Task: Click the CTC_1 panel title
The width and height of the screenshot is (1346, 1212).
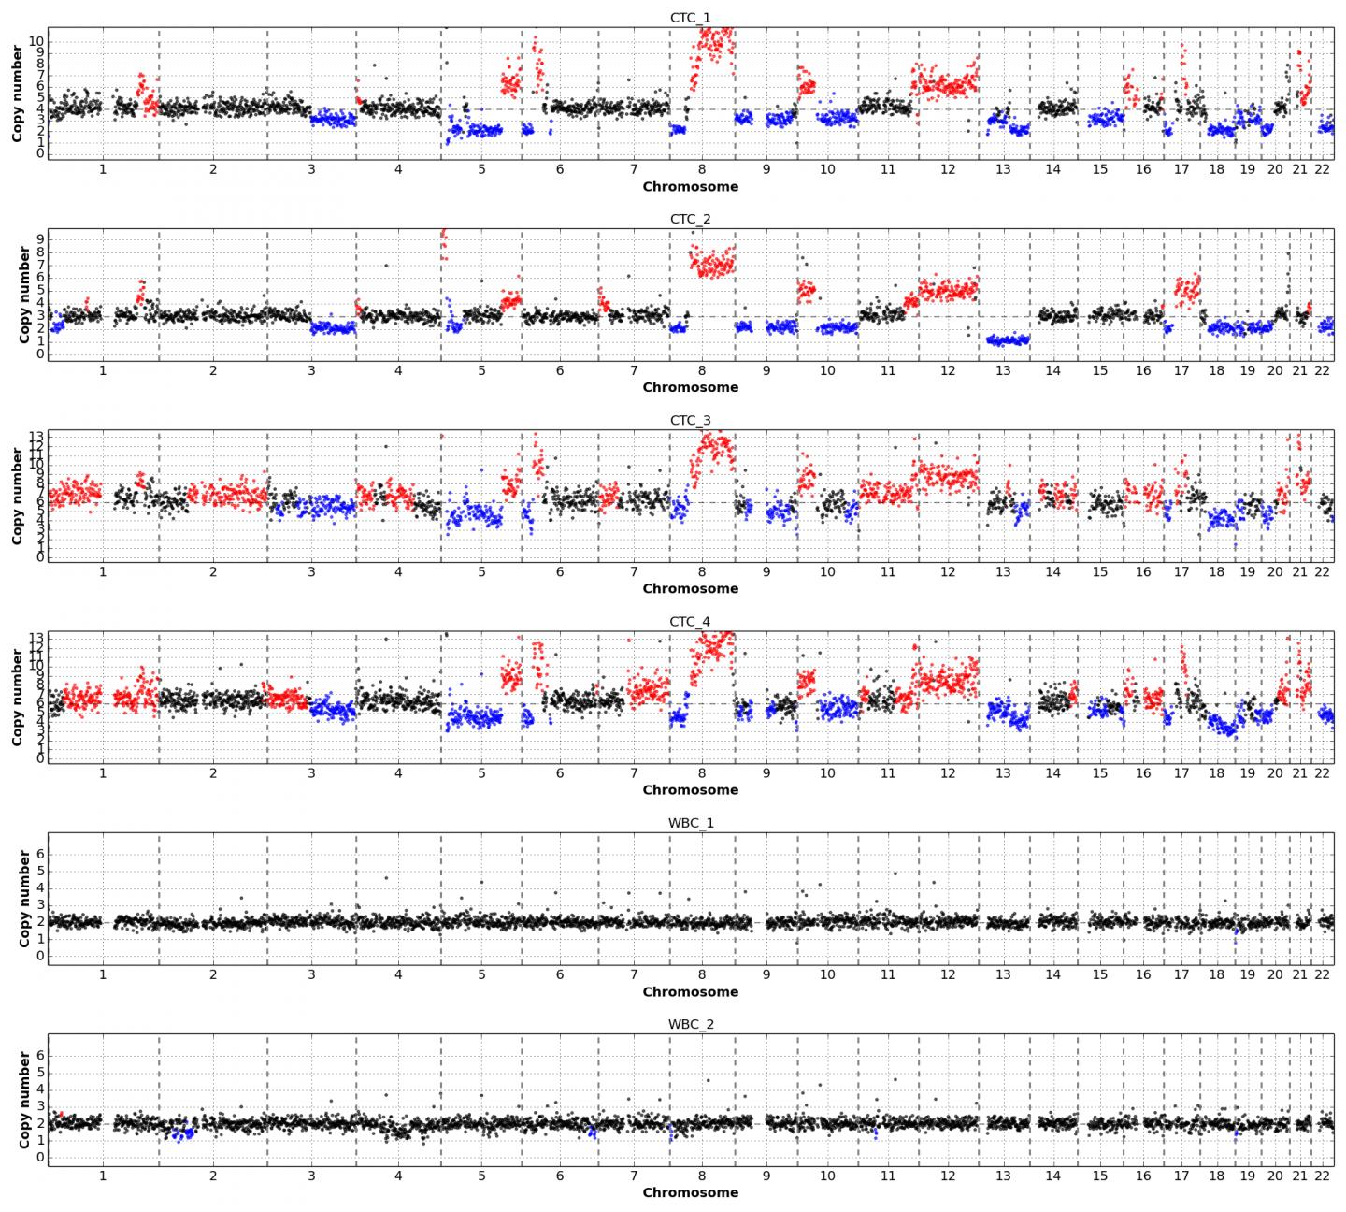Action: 690,18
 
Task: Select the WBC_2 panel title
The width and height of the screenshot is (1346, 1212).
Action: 690,1024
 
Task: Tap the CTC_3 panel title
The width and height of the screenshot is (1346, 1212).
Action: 690,420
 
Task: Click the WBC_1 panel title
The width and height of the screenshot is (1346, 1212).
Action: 690,823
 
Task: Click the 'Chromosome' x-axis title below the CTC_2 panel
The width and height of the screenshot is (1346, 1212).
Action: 690,387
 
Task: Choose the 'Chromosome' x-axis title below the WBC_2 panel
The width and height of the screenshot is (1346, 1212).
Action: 690,1192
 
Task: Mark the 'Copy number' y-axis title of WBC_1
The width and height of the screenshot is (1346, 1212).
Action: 24,899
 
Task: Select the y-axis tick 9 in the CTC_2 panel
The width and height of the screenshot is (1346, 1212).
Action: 39,238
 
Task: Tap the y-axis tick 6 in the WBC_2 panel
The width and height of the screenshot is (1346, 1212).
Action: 39,1055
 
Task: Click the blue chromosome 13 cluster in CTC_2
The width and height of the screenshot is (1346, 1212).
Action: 1008,340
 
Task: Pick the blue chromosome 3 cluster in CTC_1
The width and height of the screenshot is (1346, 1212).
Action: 332,120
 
